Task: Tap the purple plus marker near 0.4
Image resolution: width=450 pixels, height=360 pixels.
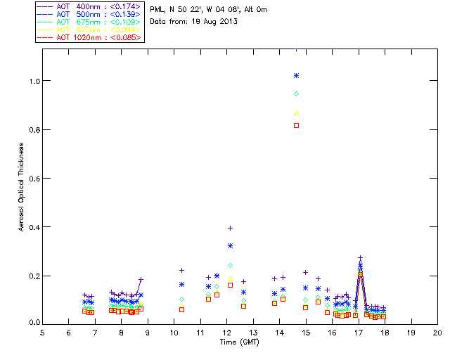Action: coord(230,228)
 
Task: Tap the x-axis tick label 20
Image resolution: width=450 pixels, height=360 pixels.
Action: coord(437,332)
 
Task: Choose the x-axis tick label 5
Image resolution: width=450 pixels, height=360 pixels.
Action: coord(42,332)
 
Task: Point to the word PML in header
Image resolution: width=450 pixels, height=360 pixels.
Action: coord(156,10)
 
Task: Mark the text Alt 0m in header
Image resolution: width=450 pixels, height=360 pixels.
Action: coord(255,10)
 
